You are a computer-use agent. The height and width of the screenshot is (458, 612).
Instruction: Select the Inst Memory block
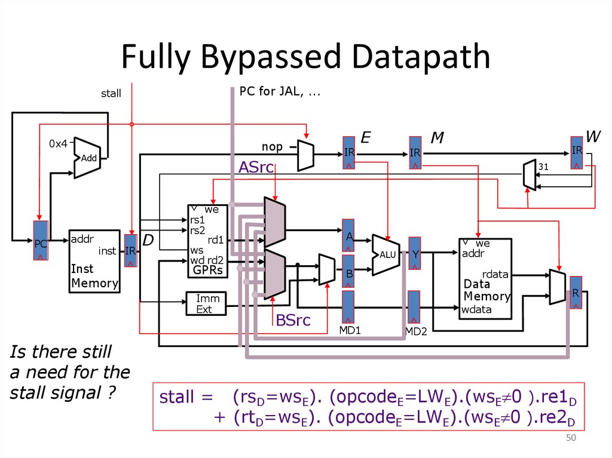click(x=94, y=261)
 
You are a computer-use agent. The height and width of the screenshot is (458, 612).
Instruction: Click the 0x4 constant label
click(x=58, y=143)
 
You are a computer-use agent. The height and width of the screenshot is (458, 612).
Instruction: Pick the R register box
click(x=576, y=293)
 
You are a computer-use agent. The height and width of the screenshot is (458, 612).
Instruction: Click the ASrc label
click(x=256, y=168)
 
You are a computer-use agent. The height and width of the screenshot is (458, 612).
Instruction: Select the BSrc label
click(x=293, y=321)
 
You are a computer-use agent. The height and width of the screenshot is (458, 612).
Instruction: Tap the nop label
click(x=272, y=146)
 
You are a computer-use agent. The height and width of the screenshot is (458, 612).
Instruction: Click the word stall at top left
click(x=111, y=93)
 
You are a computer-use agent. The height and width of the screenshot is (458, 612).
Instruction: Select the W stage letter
click(x=592, y=137)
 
